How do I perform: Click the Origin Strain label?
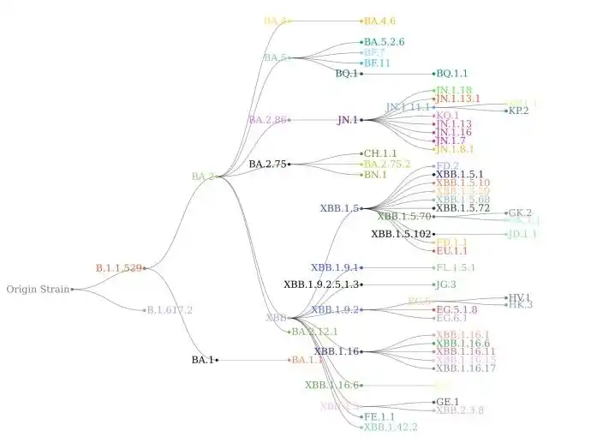tap(38, 289)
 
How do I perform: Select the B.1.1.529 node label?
tap(118, 268)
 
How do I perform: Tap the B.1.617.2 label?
tap(170, 310)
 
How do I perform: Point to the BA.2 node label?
tap(203, 177)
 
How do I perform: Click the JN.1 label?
tap(348, 120)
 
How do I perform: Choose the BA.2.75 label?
tap(268, 164)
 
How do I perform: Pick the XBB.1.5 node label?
tap(339, 208)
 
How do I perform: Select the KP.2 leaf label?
tap(519, 111)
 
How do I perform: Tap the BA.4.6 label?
tap(379, 21)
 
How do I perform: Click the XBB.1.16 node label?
tap(337, 351)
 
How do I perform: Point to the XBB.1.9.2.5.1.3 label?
tap(322, 284)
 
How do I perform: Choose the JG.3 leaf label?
tap(446, 284)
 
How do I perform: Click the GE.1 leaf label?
tap(448, 402)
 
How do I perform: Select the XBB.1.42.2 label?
tap(391, 427)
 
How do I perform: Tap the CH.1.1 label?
tap(380, 153)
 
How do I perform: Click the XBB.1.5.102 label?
tap(401, 234)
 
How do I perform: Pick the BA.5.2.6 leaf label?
tap(384, 42)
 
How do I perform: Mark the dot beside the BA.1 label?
tap(217, 361)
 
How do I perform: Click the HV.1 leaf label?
tap(520, 297)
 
